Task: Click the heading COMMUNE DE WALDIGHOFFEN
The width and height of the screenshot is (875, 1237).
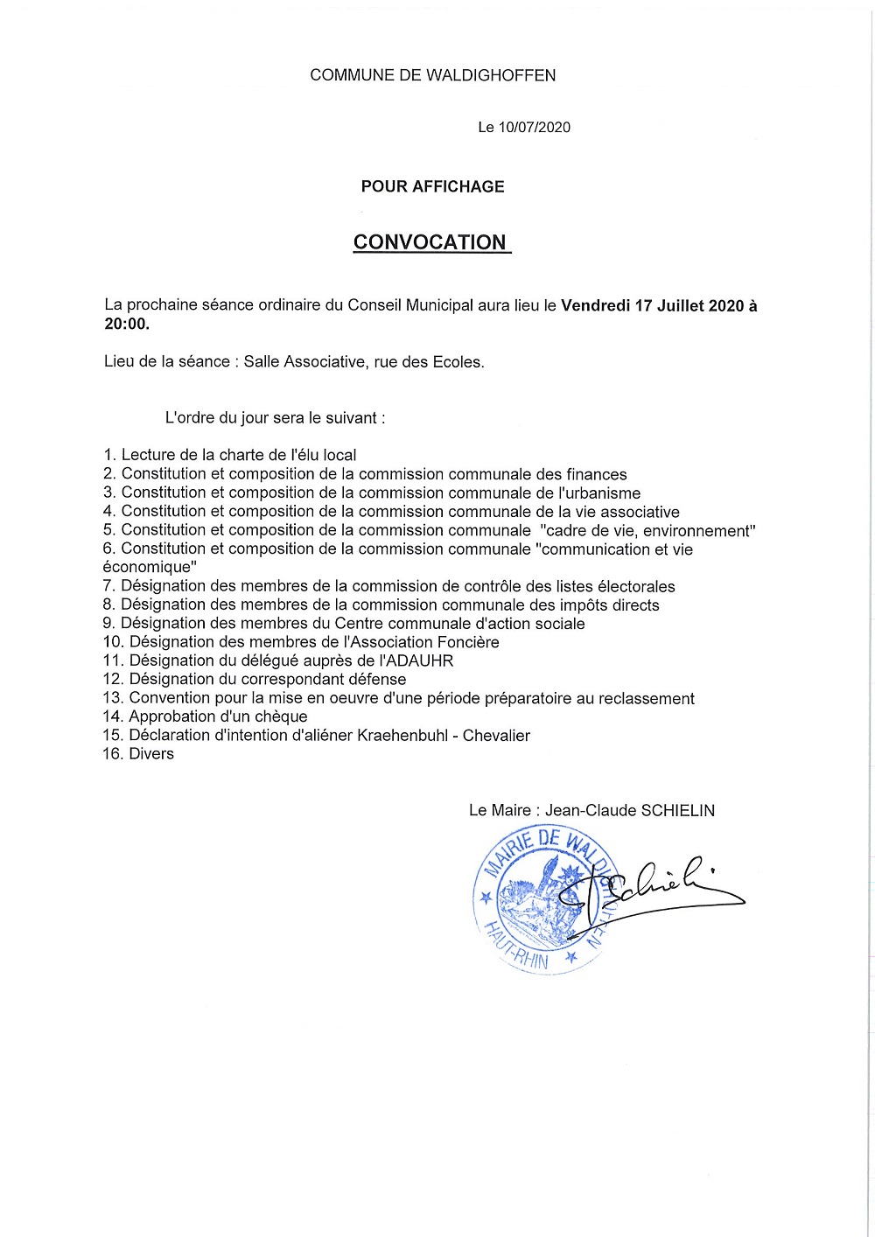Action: pos(432,76)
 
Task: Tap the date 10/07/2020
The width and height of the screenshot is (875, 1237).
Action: pos(534,128)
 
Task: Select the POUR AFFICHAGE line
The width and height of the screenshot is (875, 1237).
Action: pos(432,186)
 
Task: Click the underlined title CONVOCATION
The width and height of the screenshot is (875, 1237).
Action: pos(430,242)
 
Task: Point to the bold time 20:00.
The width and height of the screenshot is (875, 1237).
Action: pos(126,325)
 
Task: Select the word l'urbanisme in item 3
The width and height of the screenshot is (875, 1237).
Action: pos(599,493)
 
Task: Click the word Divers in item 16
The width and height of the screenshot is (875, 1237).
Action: pos(151,754)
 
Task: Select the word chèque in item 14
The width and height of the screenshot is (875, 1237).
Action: pos(279,717)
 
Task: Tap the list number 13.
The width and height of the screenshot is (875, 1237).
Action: pos(112,698)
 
